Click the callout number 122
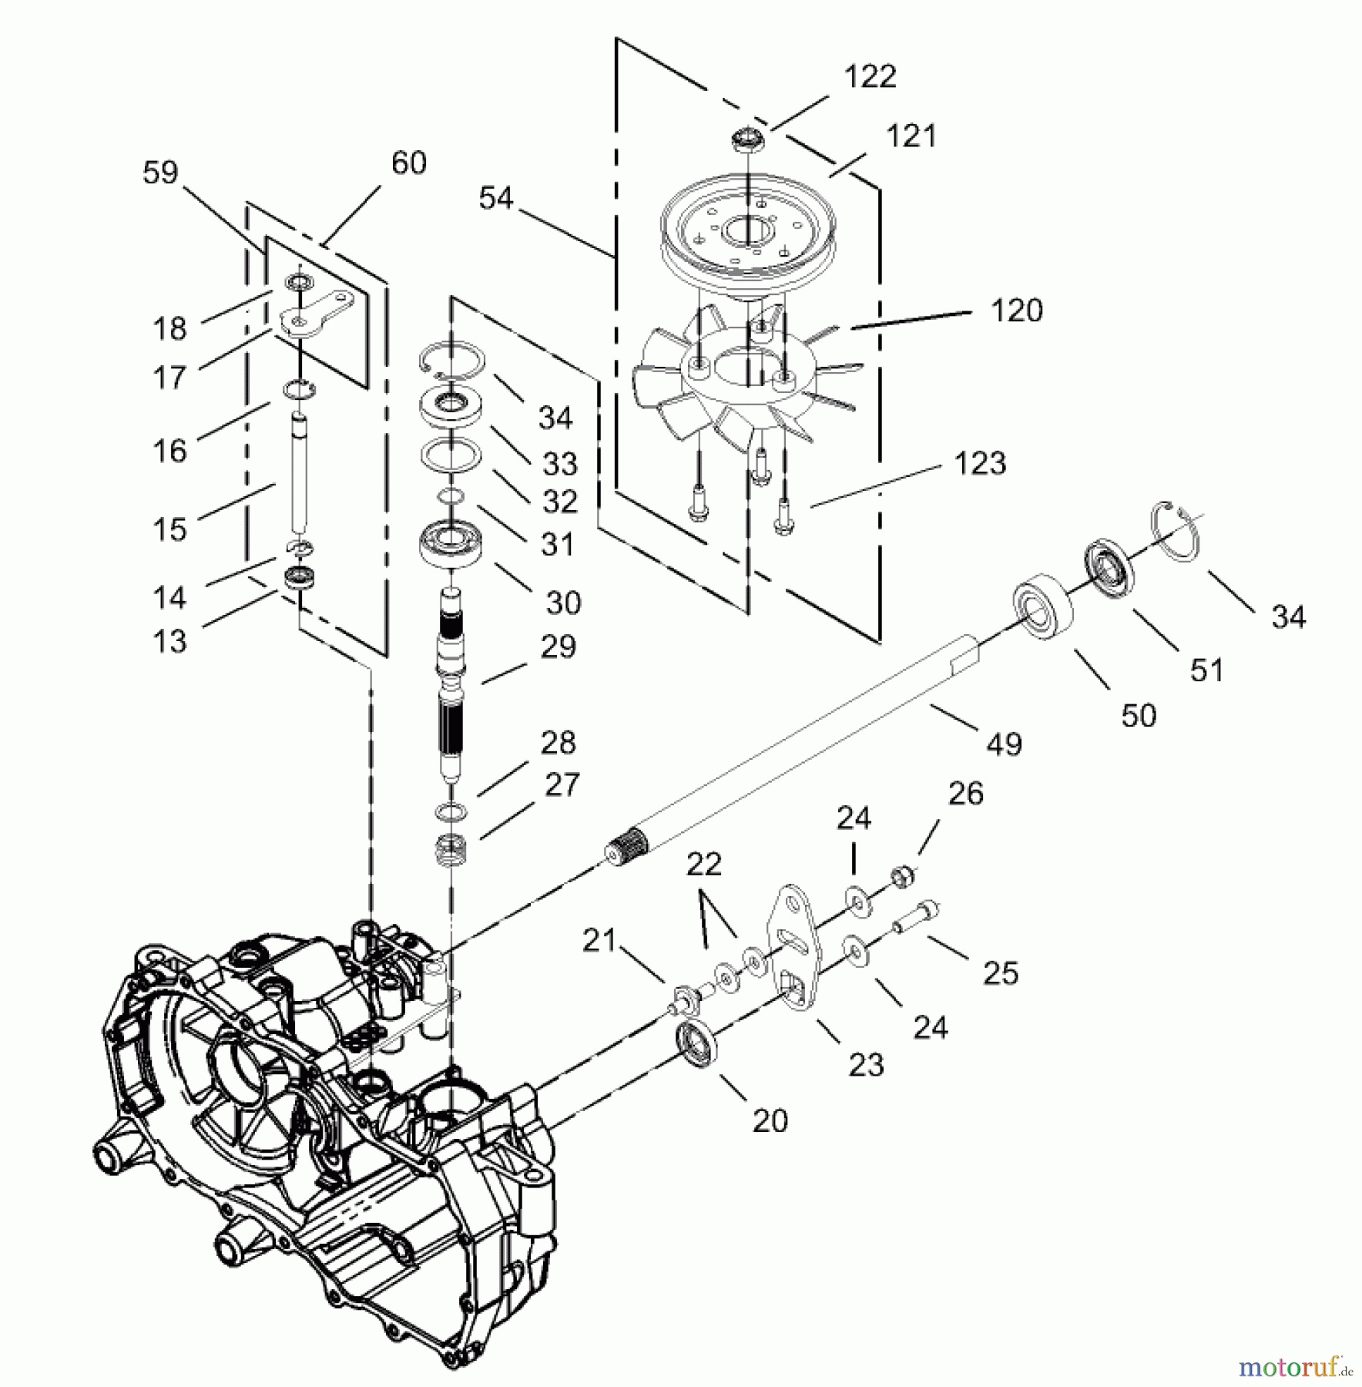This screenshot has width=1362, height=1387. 871,77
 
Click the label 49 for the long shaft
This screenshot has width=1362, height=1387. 1004,744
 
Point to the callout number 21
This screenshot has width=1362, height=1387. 599,940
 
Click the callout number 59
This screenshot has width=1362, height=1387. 160,173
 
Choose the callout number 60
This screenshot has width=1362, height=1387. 408,163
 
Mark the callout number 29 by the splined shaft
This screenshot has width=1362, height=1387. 558,647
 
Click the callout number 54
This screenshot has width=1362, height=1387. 495,199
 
